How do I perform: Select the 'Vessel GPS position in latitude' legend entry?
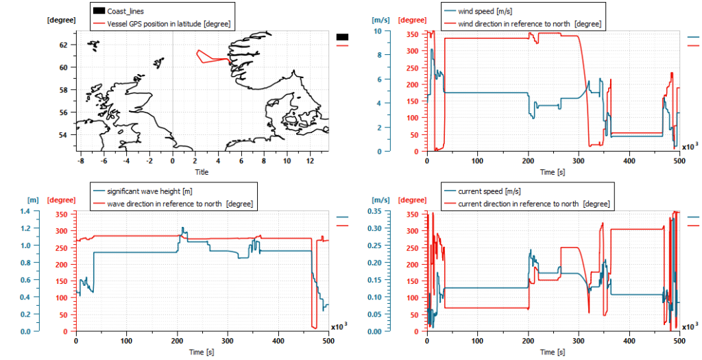tap(168, 24)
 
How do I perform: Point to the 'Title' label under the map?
tap(202, 172)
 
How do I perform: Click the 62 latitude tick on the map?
tap(64, 45)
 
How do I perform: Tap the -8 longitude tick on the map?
tap(81, 160)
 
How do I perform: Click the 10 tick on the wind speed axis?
tap(377, 31)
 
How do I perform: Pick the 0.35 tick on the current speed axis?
tap(374, 211)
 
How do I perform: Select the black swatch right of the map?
tap(343, 37)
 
